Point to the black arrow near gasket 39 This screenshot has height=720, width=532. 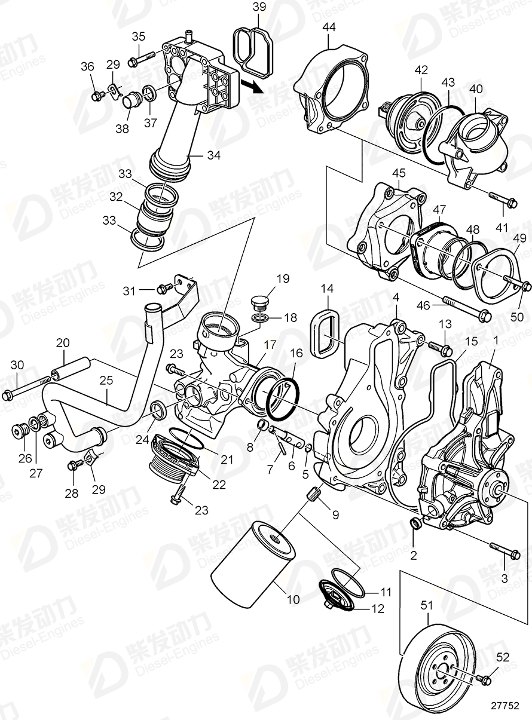(253, 86)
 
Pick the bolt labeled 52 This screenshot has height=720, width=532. (484, 679)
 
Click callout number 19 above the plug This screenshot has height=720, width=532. (282, 278)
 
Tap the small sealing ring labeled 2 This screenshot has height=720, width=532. (414, 524)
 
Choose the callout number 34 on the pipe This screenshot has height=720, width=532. (213, 155)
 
